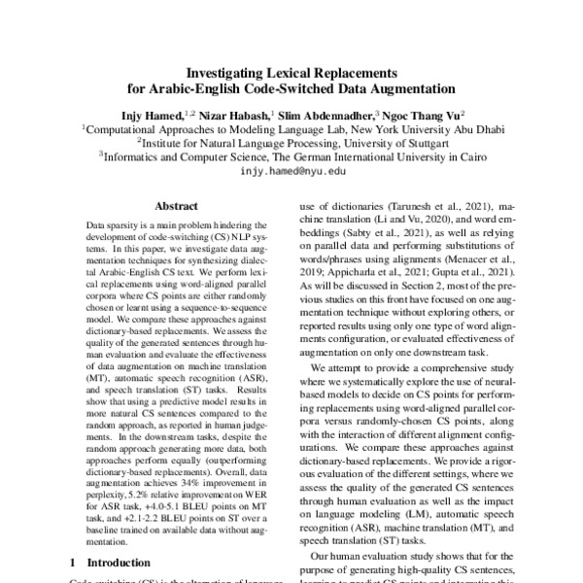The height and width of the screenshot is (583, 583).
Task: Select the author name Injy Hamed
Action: point(147,113)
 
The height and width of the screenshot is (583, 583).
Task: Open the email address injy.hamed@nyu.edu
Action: point(292,170)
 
